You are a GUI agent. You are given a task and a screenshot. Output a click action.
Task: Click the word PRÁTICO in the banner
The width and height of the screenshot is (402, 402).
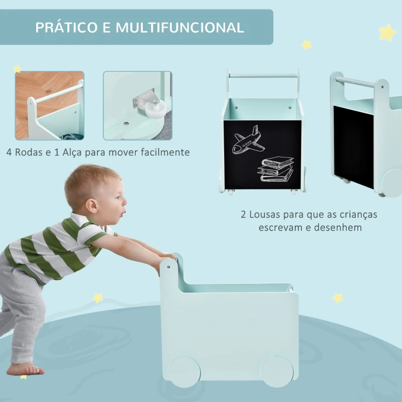point(67,28)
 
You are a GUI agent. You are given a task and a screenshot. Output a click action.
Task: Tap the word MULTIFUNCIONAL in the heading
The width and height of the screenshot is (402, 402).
point(180,28)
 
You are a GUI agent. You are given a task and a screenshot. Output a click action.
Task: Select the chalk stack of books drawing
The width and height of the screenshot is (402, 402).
point(275,169)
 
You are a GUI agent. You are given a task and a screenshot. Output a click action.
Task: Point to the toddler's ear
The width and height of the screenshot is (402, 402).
point(91,206)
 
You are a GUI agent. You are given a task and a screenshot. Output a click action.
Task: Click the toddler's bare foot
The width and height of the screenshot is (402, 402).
point(25,369)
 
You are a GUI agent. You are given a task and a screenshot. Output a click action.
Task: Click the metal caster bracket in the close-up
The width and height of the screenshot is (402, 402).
point(144,98)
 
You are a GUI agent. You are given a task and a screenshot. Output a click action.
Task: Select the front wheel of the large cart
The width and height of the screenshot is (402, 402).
point(277,372)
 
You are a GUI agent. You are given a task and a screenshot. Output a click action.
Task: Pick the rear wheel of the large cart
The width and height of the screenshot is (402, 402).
point(184,372)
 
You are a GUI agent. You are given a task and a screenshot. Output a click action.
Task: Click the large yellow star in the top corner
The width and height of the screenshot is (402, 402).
point(387,33)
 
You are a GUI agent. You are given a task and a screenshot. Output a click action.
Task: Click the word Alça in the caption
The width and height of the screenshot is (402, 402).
point(72,153)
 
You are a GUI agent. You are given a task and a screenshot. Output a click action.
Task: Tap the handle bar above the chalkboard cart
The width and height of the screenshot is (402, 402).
point(263,76)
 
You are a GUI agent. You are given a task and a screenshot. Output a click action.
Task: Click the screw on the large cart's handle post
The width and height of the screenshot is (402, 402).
point(168,267)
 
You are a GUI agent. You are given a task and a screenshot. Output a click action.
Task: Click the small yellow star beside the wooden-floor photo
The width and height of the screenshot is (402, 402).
point(17,69)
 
